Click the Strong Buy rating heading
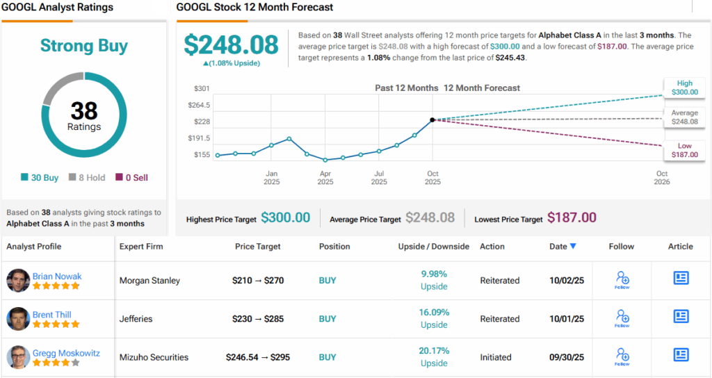click(84, 46)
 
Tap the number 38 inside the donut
click(84, 111)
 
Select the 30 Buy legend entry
click(42, 177)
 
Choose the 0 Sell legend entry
click(132, 177)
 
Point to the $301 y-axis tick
click(202, 88)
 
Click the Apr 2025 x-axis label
click(325, 178)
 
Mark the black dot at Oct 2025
click(432, 120)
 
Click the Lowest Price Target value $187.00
click(572, 218)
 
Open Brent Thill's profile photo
click(18, 319)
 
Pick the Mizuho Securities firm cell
click(154, 357)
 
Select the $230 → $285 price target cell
click(257, 319)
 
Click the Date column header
click(563, 246)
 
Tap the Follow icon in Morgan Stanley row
click(622, 280)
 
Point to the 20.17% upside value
click(434, 351)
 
